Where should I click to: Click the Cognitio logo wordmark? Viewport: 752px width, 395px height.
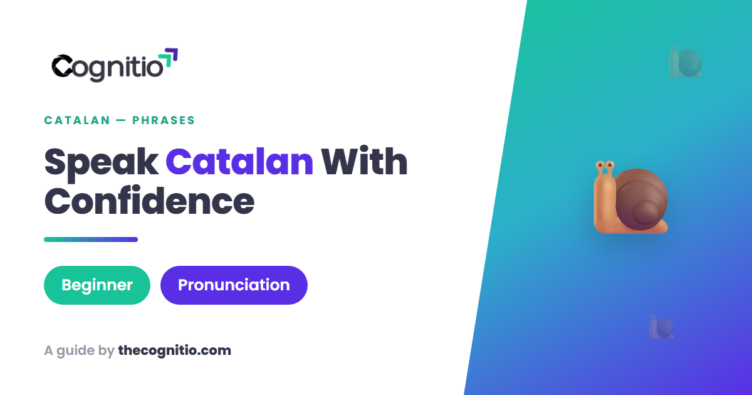click(115, 65)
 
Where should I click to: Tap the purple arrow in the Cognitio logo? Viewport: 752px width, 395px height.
click(172, 55)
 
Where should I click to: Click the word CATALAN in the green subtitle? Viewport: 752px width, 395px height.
click(77, 120)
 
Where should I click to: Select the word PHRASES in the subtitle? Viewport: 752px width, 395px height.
click(164, 120)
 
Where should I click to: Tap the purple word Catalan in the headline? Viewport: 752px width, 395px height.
click(239, 162)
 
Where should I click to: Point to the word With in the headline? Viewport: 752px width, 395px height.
click(364, 161)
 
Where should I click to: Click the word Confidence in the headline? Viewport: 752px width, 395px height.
click(149, 201)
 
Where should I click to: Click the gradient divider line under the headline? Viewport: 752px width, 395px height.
click(91, 240)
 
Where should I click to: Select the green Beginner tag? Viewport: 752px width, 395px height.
click(97, 285)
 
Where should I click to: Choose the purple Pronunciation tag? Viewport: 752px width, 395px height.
click(234, 285)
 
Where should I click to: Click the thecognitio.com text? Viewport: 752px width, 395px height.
click(175, 350)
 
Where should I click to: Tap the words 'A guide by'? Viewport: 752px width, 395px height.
click(79, 351)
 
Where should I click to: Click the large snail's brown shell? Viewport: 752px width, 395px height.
click(641, 199)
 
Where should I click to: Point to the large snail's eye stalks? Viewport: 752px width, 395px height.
click(605, 168)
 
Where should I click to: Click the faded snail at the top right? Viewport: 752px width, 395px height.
click(686, 62)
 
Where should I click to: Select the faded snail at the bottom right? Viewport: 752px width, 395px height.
click(662, 327)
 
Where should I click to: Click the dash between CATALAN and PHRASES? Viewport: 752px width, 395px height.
click(121, 120)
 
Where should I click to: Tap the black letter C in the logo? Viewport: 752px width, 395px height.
click(62, 65)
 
